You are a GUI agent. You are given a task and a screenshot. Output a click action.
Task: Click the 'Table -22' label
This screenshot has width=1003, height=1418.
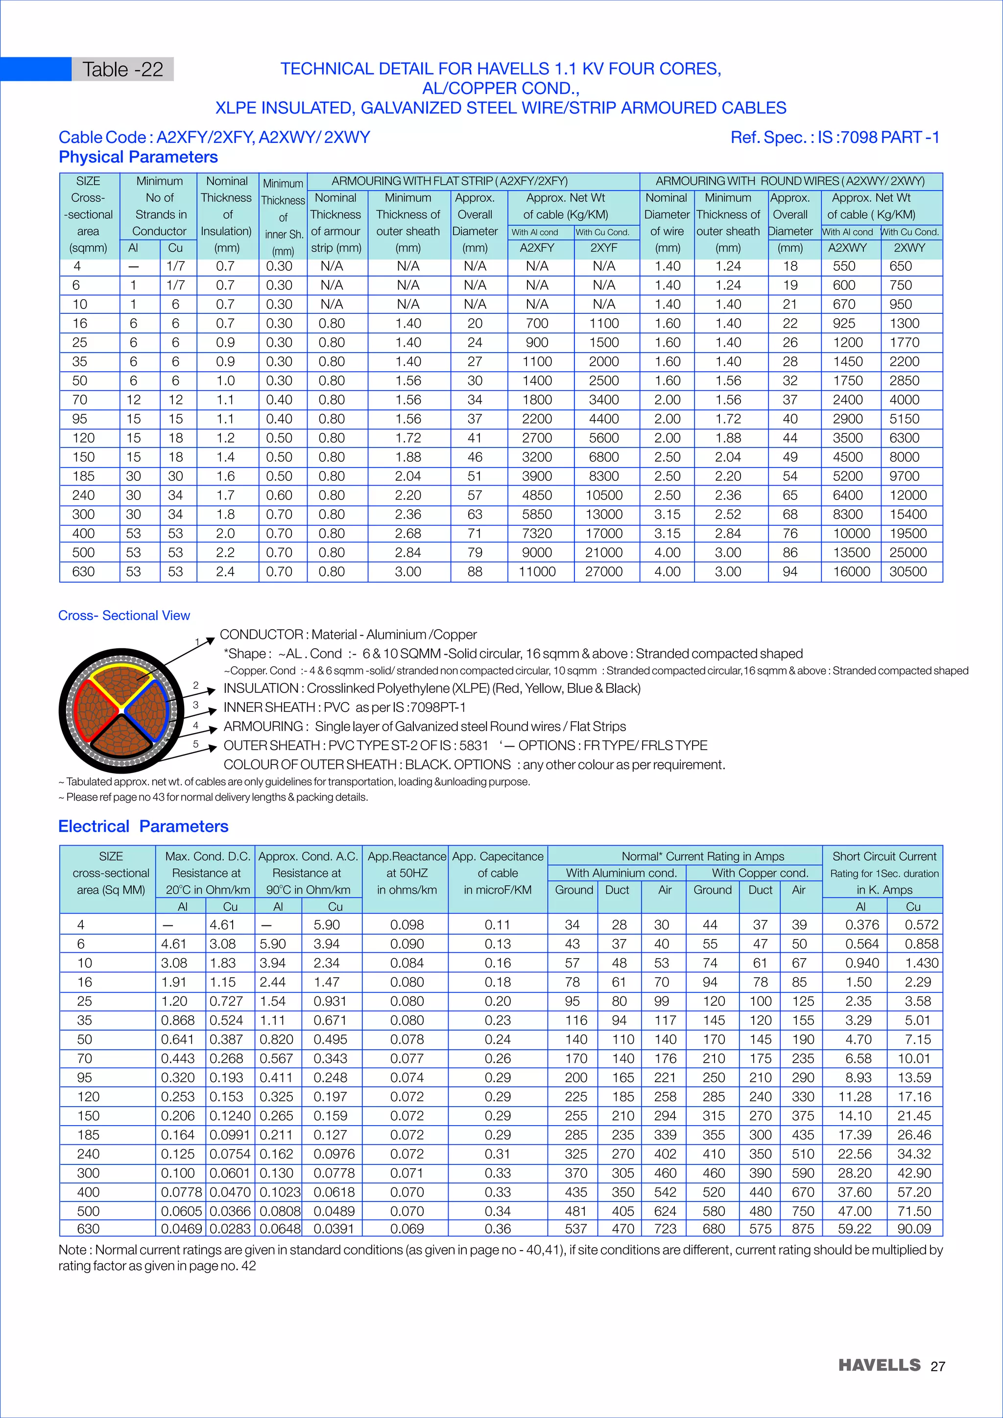click(x=123, y=69)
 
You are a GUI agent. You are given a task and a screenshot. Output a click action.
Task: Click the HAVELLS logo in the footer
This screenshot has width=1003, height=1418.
click(x=879, y=1365)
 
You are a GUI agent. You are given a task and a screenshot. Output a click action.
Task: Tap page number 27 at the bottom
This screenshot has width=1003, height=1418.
click(x=937, y=1366)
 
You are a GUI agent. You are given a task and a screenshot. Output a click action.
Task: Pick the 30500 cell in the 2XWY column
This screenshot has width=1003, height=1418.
click(x=907, y=571)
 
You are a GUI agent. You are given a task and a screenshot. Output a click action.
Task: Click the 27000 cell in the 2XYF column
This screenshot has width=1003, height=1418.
click(x=603, y=571)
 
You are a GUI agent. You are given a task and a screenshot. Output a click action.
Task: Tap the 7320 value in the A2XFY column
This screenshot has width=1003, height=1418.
click(x=537, y=533)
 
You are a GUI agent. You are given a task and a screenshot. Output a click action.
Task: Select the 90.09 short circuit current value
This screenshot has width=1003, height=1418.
click(x=913, y=1229)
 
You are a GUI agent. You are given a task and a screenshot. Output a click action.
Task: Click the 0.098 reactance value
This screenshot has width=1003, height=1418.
click(x=406, y=924)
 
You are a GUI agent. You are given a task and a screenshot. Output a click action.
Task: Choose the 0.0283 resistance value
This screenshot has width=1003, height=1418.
click(x=230, y=1229)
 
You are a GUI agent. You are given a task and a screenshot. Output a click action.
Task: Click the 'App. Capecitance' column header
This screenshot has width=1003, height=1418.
click(x=497, y=856)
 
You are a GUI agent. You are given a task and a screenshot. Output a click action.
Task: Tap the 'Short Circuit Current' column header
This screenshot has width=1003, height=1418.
click(x=884, y=856)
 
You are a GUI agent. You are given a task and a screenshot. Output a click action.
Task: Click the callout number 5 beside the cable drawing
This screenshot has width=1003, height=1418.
click(x=196, y=744)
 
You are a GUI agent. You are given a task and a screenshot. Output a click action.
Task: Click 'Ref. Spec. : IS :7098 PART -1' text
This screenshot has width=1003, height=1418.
click(x=835, y=137)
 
